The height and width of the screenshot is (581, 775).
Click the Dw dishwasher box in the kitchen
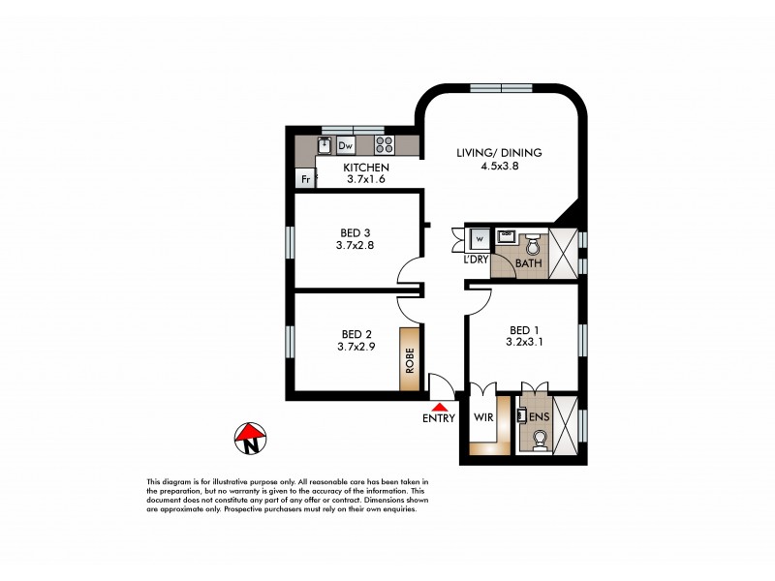click(346, 146)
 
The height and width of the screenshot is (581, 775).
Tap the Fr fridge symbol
click(305, 179)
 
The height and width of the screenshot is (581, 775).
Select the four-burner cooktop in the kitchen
click(385, 146)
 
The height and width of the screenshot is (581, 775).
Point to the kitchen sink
click(324, 146)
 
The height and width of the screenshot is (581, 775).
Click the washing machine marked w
click(480, 238)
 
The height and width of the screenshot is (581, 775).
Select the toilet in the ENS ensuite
click(540, 441)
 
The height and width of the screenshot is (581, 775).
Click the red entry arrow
click(441, 409)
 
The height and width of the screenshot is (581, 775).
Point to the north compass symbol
click(250, 439)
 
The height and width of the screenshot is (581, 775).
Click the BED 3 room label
click(356, 232)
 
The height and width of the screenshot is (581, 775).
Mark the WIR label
click(483, 419)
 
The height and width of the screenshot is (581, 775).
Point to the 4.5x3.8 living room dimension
click(499, 167)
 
